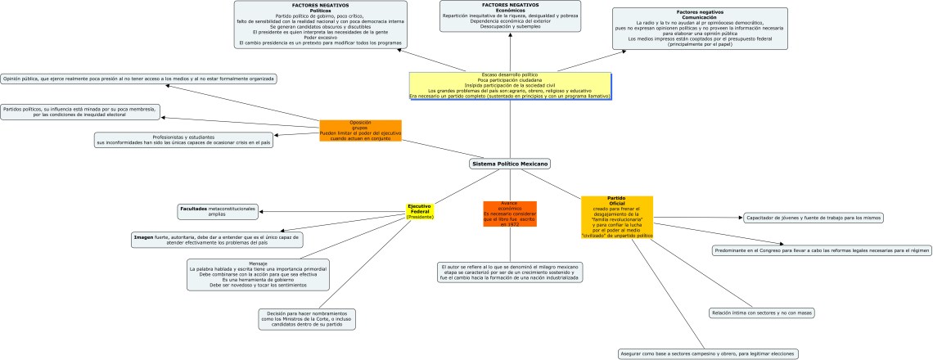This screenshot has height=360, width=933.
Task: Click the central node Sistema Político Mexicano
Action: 510,164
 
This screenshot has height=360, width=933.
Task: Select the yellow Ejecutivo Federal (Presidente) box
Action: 420,211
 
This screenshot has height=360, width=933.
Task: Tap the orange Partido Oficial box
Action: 616,217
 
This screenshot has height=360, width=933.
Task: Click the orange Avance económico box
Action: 509,213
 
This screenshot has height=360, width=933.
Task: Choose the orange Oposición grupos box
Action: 360,130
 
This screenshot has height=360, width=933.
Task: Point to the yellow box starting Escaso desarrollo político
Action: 511,85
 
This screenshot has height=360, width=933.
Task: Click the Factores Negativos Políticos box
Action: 321,24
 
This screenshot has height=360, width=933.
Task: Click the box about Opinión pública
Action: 138,79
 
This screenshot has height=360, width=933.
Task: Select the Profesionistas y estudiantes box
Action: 183,140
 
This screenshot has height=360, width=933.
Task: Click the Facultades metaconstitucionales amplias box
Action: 217,211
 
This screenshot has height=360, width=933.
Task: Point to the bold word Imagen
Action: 144,236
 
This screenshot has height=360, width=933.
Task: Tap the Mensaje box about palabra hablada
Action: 258,274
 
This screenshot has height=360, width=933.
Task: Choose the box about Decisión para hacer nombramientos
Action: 307,318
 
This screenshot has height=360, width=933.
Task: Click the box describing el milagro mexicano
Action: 509,272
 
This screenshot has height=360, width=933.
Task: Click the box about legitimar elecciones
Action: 706,353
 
